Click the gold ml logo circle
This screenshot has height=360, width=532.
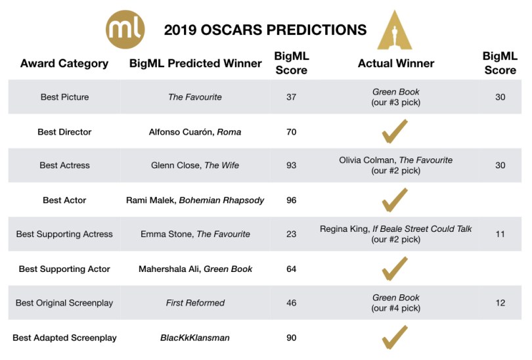pyautogui.click(x=125, y=29)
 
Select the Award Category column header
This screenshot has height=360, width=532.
pyautogui.click(x=64, y=64)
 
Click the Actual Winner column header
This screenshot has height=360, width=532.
pyautogui.click(x=395, y=64)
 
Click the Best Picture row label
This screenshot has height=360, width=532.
pyautogui.click(x=64, y=97)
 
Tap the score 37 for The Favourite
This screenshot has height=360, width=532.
pyautogui.click(x=291, y=97)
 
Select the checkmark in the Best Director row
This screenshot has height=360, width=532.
pyautogui.click(x=395, y=131)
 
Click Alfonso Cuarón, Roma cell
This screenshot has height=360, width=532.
pyautogui.click(x=195, y=132)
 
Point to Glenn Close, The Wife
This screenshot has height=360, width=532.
pyautogui.click(x=195, y=166)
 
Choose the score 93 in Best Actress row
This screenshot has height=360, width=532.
pyautogui.click(x=291, y=166)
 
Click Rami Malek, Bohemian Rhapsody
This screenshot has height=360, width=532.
pyautogui.click(x=195, y=200)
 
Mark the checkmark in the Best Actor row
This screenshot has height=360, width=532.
pyautogui.click(x=395, y=200)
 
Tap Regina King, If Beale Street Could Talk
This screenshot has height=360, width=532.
pyautogui.click(x=395, y=229)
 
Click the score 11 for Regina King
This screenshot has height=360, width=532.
pyautogui.click(x=500, y=234)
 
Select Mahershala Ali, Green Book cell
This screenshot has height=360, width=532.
pyautogui.click(x=195, y=269)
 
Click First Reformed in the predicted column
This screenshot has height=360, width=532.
pyautogui.click(x=195, y=303)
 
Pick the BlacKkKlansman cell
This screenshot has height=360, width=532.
pyautogui.click(x=195, y=338)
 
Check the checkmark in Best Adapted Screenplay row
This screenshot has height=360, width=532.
pyautogui.click(x=395, y=337)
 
